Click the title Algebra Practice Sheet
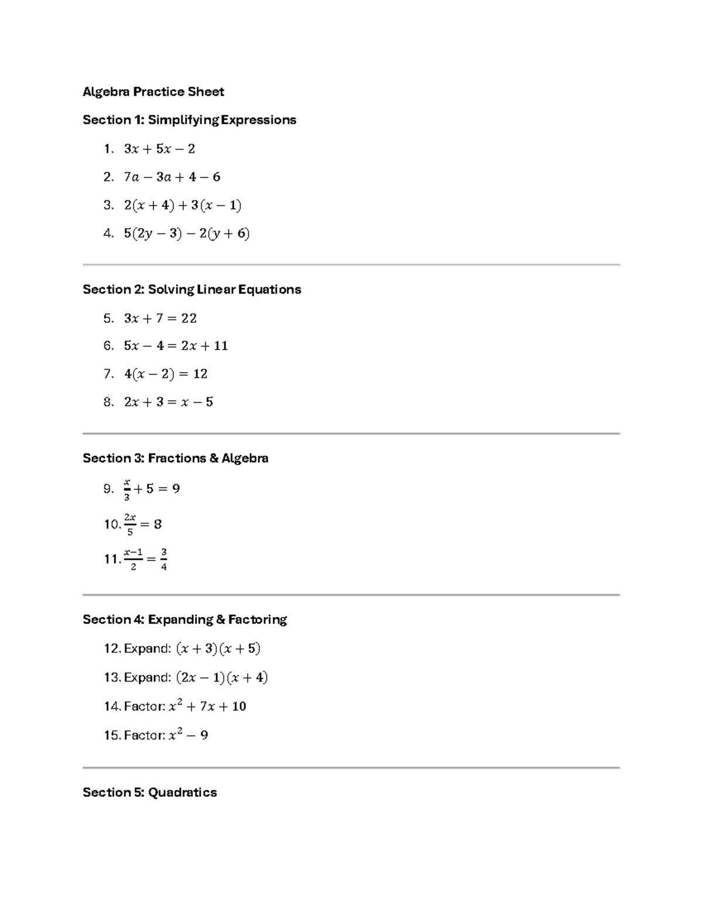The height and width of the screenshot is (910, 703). (153, 91)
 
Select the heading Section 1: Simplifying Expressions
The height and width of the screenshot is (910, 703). (189, 120)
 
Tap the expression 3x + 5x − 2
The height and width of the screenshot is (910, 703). (159, 149)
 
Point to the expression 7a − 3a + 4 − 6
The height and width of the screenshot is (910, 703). (172, 177)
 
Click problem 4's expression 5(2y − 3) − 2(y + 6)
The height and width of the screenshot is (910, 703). (186, 234)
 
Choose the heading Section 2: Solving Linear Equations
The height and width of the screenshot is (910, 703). (192, 289)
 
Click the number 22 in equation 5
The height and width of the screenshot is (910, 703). (189, 318)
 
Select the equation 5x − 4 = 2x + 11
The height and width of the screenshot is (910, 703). (176, 346)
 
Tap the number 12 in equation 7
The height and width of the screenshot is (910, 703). (200, 374)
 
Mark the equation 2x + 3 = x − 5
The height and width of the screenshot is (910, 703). (168, 402)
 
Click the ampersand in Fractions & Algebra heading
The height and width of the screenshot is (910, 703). (213, 458)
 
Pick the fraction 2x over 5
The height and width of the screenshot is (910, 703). (129, 524)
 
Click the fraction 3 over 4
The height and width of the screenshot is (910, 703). (163, 559)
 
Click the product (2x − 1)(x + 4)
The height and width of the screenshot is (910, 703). (221, 678)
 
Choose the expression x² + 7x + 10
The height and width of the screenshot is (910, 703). (207, 707)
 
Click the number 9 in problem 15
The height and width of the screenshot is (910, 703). (204, 735)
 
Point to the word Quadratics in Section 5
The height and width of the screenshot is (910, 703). (182, 793)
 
